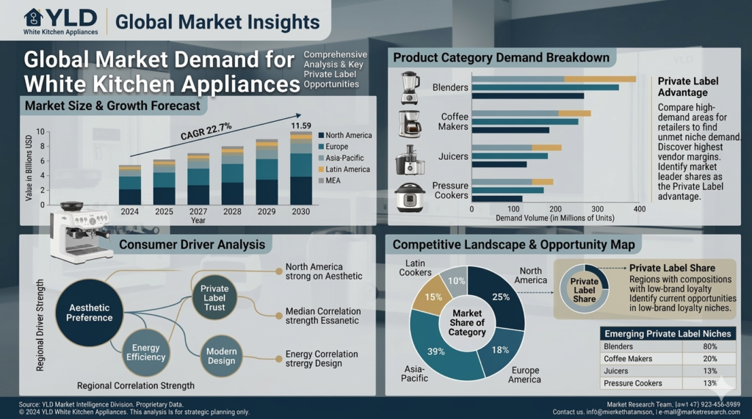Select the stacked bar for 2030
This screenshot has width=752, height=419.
tap(300, 170)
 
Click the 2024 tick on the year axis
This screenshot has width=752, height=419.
tap(130, 211)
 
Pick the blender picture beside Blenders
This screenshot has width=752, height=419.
tap(410, 88)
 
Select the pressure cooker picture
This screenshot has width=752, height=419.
tap(410, 196)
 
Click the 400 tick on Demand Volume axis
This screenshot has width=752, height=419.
tap(639, 209)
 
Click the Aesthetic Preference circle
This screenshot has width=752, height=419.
tap(90, 313)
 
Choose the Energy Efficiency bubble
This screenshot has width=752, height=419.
tap(146, 351)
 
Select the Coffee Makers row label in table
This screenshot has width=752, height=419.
tap(628, 359)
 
